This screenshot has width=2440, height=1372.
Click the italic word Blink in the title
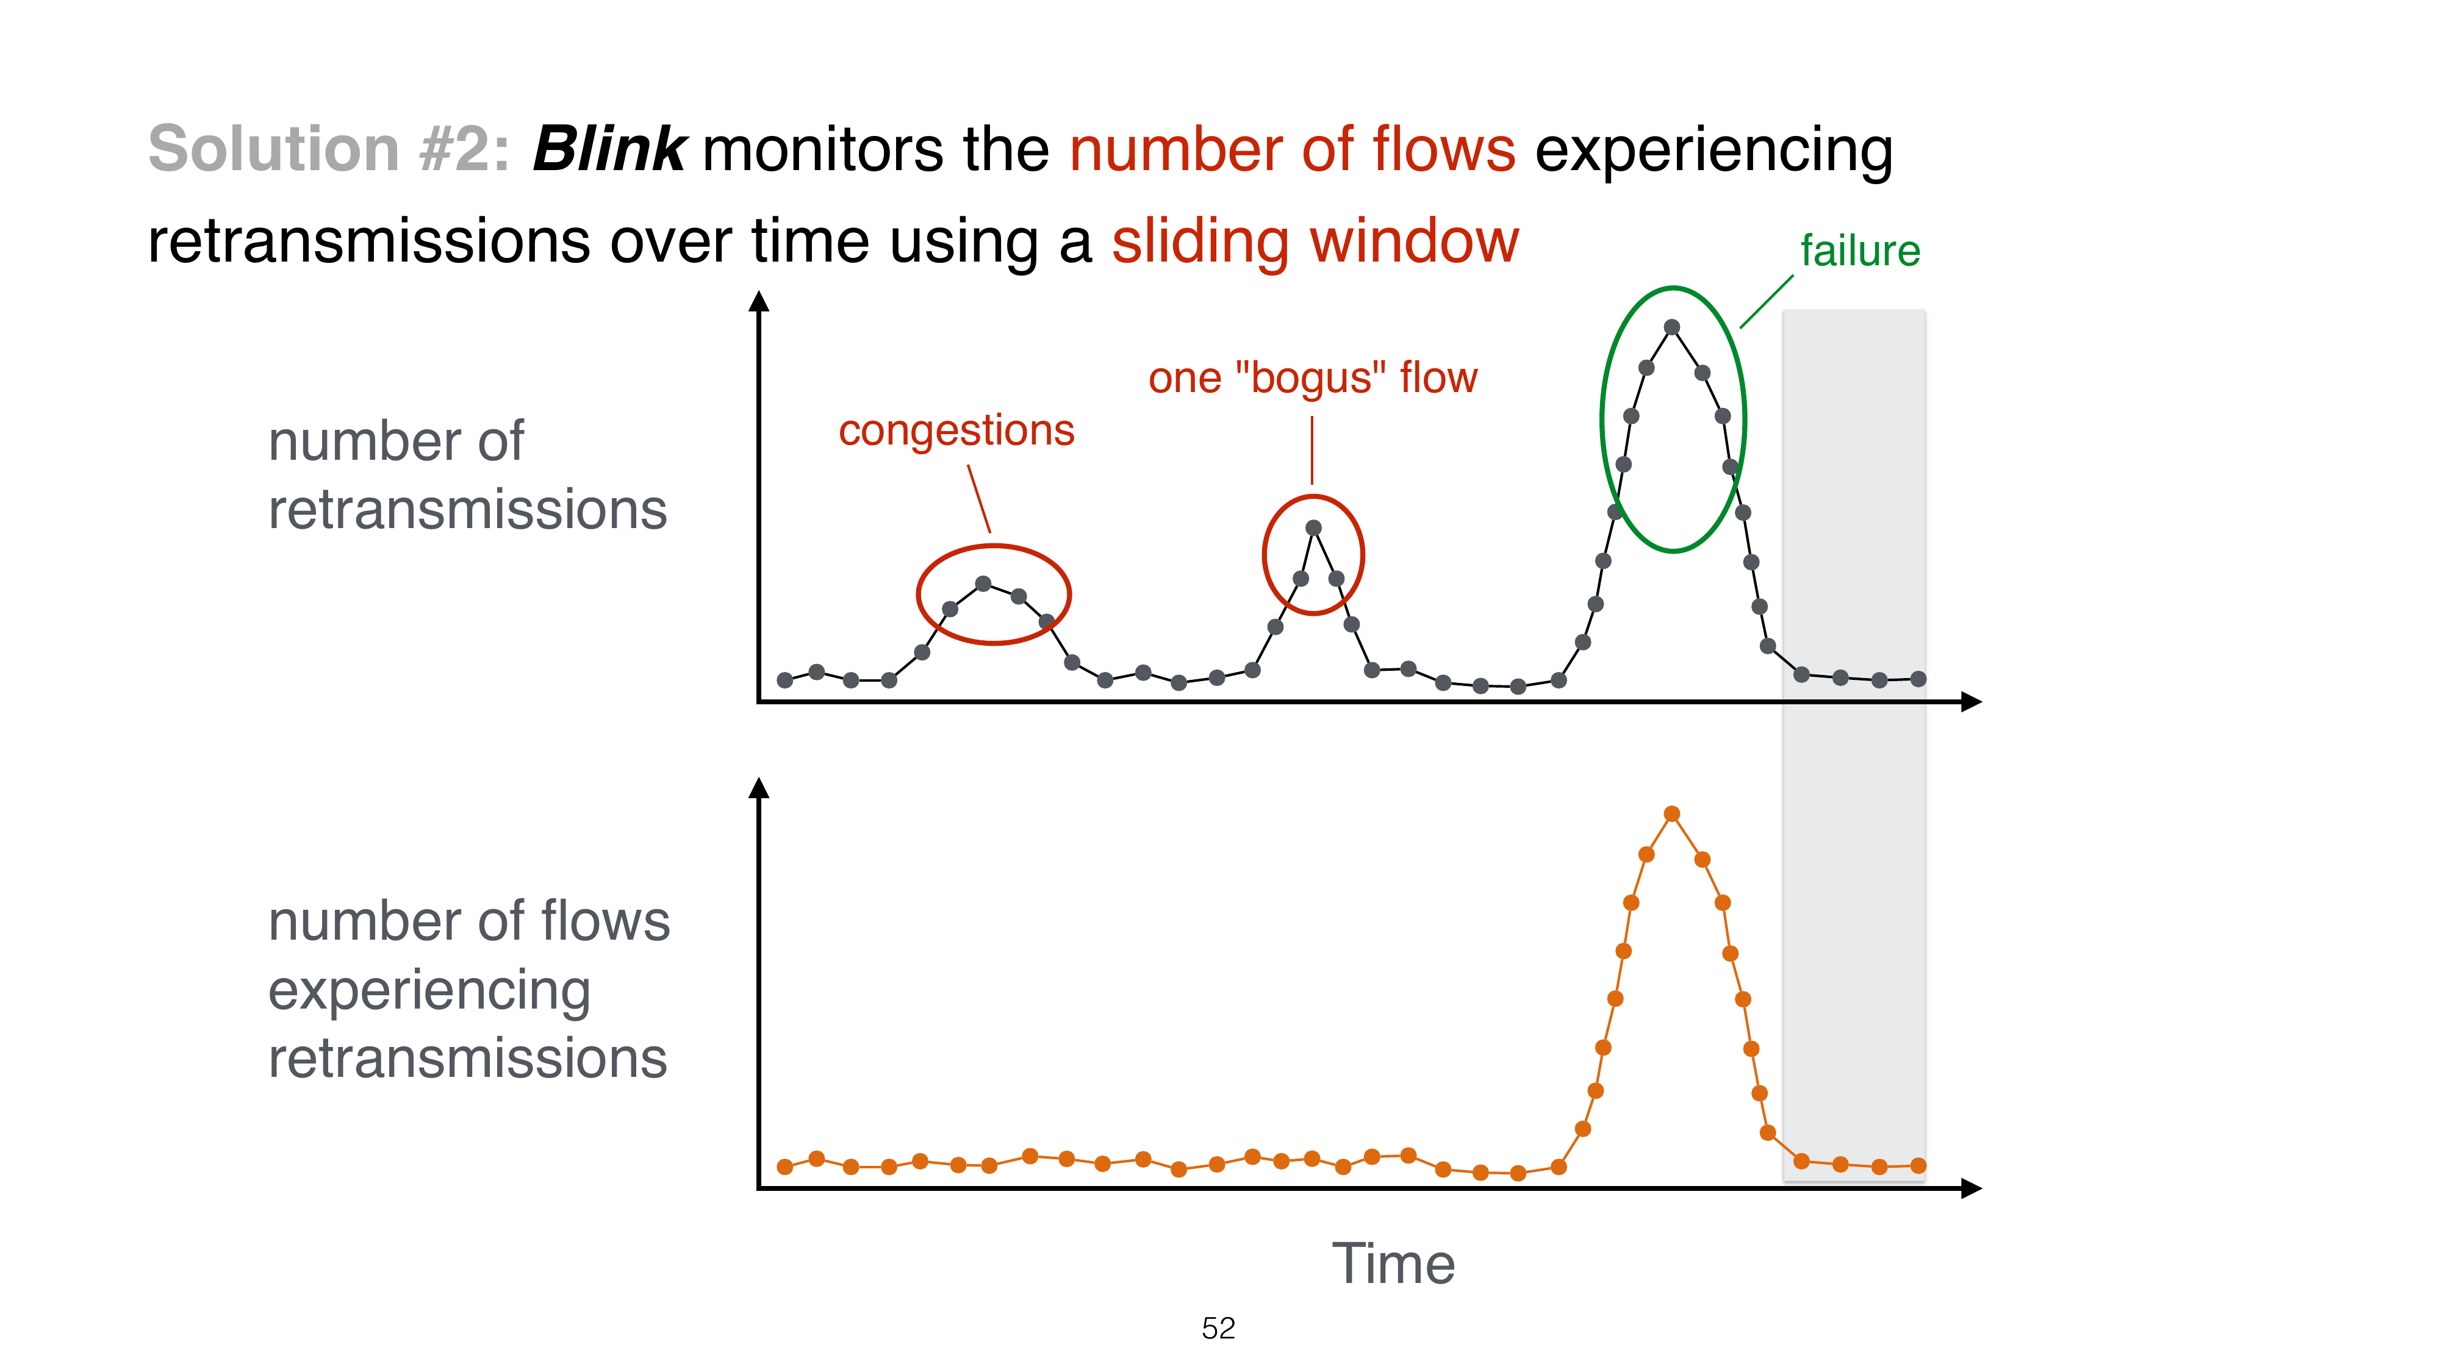point(609,149)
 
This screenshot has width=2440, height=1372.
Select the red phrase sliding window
point(1315,241)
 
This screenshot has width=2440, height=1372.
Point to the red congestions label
point(956,431)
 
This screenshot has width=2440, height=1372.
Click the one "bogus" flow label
point(1312,378)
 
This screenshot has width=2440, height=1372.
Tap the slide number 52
point(1218,1329)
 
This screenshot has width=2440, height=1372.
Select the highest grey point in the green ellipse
point(1672,327)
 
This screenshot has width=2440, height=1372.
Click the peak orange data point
point(1672,814)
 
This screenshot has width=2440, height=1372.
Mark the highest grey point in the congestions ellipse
point(983,584)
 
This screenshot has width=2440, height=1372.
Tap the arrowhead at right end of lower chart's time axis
point(1972,1189)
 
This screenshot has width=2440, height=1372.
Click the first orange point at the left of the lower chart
point(784,1167)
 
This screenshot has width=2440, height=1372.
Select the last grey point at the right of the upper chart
point(1918,679)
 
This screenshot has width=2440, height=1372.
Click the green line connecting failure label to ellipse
point(1767,302)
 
